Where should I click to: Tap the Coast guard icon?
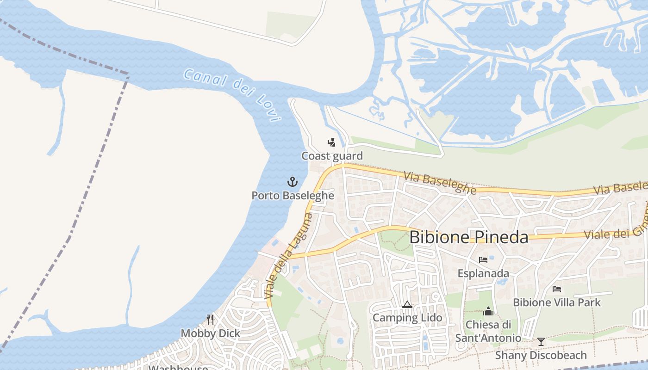pyautogui.click(x=331, y=142)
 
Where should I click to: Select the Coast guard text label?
pyautogui.click(x=332, y=156)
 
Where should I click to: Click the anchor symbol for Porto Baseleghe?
pyautogui.click(x=292, y=181)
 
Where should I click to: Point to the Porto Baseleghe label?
pyautogui.click(x=293, y=196)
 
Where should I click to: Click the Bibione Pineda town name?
pyautogui.click(x=469, y=237)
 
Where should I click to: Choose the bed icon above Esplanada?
pyautogui.click(x=483, y=260)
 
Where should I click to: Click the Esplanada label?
pyautogui.click(x=483, y=273)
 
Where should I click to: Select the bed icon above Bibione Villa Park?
pyautogui.click(x=557, y=289)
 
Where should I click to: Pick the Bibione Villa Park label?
pyautogui.click(x=557, y=302)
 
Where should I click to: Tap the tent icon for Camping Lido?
pyautogui.click(x=407, y=304)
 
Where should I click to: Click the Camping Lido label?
pyautogui.click(x=407, y=318)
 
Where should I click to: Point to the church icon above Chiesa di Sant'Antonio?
pyautogui.click(x=488, y=311)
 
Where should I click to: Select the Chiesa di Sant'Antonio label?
pyautogui.click(x=488, y=331)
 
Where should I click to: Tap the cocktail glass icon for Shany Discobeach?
pyautogui.click(x=541, y=342)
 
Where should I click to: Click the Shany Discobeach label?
pyautogui.click(x=541, y=355)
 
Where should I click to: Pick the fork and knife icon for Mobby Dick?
pyautogui.click(x=210, y=320)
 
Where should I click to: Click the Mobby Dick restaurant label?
pyautogui.click(x=211, y=333)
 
